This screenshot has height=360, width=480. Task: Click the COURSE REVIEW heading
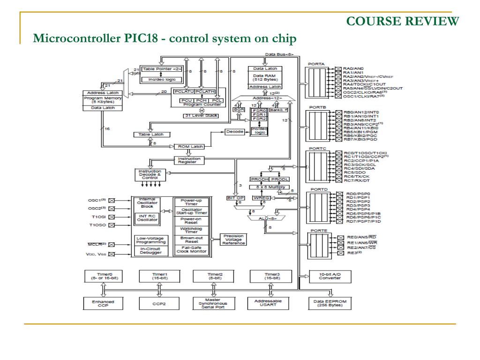pos(403,21)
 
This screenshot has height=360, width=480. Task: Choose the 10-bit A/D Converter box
pos(330,276)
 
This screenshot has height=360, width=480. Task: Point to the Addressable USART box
pos(268,304)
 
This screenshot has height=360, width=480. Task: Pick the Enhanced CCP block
pos(102,304)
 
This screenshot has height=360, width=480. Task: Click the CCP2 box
pos(159,304)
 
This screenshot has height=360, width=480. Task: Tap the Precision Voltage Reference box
pos(233,240)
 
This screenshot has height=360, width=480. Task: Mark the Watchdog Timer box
pos(191,230)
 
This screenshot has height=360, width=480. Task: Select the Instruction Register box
pos(189,160)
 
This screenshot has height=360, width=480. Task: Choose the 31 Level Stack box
pos(201,115)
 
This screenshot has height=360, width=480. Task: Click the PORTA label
pos(316,64)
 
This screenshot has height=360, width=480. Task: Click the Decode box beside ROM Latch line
pos(235,132)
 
